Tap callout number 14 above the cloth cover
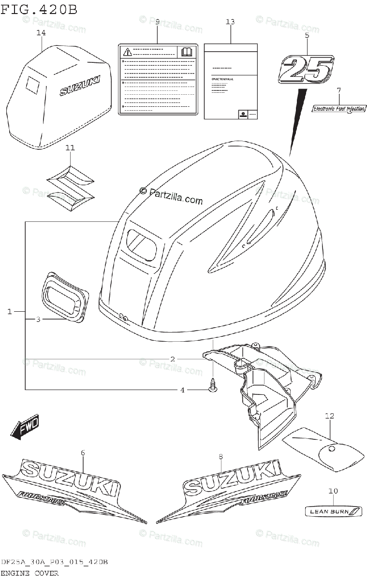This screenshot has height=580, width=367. click(x=41, y=33)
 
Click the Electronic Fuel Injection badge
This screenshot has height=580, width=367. click(x=338, y=109)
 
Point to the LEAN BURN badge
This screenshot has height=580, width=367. click(x=333, y=511)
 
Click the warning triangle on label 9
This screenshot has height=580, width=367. click(x=127, y=52)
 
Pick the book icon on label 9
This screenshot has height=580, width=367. click(x=186, y=52)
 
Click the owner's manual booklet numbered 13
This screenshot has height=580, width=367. click(x=230, y=80)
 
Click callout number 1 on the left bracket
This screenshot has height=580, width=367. click(x=10, y=312)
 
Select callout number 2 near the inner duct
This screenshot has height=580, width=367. click(x=172, y=359)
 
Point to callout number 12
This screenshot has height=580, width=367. click(x=330, y=416)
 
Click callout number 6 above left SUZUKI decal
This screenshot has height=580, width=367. click(x=83, y=452)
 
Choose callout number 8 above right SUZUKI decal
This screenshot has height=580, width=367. click(x=220, y=456)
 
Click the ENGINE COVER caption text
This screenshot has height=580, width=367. click(x=30, y=573)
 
